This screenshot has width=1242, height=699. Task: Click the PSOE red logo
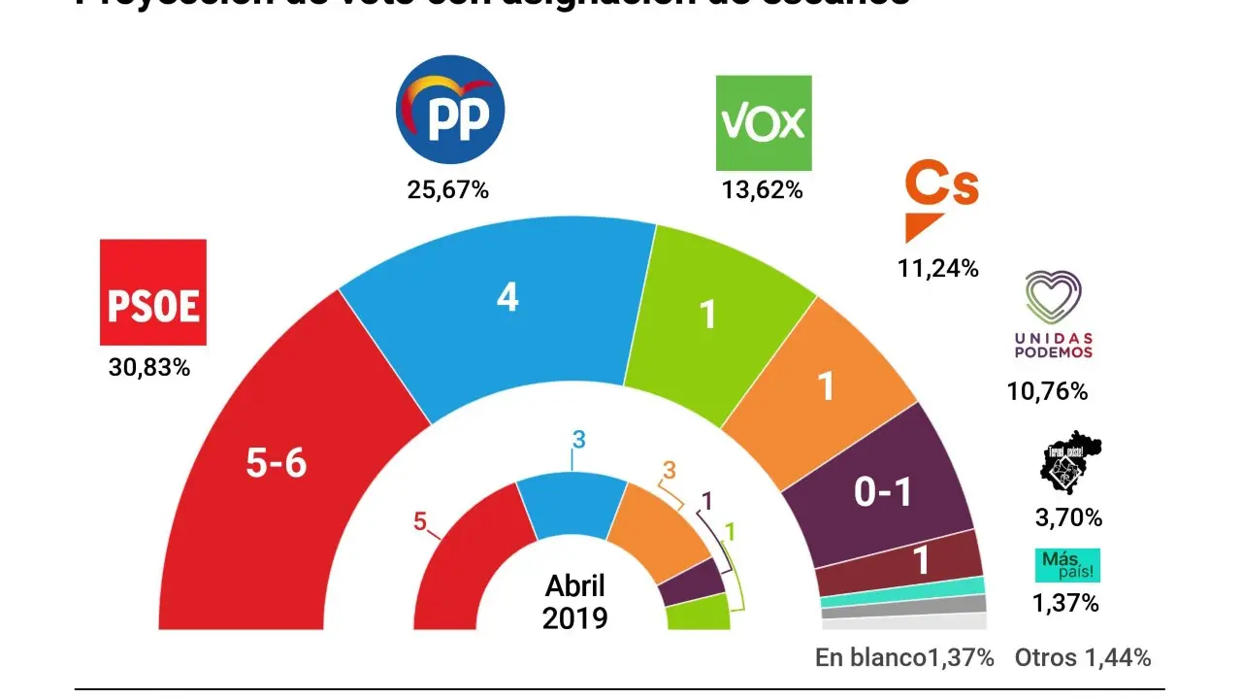coord(153,292)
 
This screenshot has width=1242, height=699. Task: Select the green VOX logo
coord(763,123)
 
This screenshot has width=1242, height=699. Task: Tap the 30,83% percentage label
coord(148,369)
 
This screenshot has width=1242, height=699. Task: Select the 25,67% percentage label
coord(447,190)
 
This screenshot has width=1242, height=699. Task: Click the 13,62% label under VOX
coord(762,190)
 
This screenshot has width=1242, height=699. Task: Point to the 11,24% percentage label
coord(937,269)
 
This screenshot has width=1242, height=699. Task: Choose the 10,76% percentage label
coord(1047,392)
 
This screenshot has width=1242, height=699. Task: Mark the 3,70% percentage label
coord(1068,518)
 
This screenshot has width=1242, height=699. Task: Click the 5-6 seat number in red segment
coord(276,465)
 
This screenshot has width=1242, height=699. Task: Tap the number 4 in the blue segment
coord(507,297)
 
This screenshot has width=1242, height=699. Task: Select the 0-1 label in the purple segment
coord(883,494)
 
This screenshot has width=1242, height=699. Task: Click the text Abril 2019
coord(574,602)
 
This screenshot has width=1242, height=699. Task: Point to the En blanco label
coord(869,658)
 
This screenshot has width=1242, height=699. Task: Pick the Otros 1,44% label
coord(1083,658)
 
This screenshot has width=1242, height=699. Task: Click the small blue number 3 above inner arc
coord(579,439)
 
